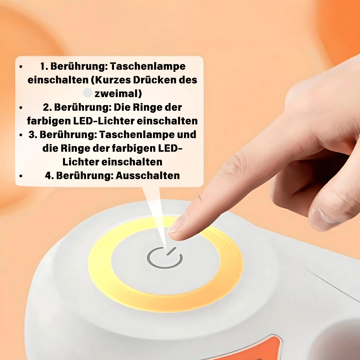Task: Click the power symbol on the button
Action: [165, 258]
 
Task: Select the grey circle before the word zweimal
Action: [87, 93]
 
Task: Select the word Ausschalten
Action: [148, 175]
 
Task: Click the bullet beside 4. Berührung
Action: [21, 176]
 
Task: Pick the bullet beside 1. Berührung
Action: [21, 67]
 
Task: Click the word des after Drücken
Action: [189, 80]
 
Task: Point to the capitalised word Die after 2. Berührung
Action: [122, 107]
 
